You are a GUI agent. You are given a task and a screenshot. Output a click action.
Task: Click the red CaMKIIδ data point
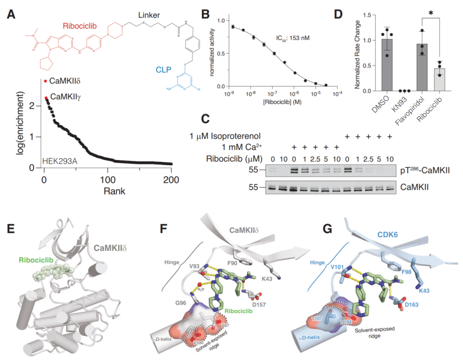pyautogui.click(x=45, y=80)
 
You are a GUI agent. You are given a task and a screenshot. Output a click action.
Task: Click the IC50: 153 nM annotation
pyautogui.click(x=293, y=38)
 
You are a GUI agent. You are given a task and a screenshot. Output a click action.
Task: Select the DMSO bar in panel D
pyautogui.click(x=387, y=65)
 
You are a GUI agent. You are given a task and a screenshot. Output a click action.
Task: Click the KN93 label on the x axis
pyautogui.click(x=401, y=103)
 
